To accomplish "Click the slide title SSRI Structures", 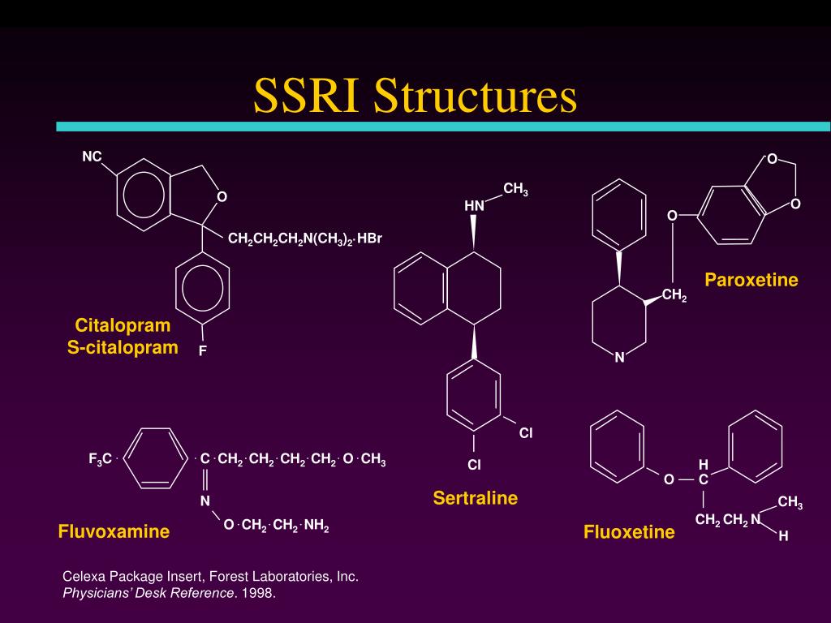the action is (x=415, y=96).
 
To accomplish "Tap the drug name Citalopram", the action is (x=123, y=326).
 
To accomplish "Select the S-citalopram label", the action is (x=123, y=347).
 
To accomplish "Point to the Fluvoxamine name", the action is (x=114, y=531).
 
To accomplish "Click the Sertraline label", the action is (x=476, y=498).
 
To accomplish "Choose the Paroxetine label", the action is (x=751, y=280).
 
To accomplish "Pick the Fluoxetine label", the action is (x=629, y=532).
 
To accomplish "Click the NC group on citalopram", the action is (x=92, y=157).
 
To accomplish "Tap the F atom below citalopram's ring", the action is (x=202, y=350).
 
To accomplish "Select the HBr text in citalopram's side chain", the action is (x=369, y=238).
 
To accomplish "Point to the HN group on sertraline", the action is (x=474, y=205).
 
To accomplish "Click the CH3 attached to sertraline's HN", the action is (x=515, y=189).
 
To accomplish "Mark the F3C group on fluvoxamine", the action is (x=100, y=459).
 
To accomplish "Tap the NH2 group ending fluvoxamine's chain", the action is (x=316, y=526).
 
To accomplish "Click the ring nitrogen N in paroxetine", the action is (x=619, y=358).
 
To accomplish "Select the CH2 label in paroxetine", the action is (x=674, y=295).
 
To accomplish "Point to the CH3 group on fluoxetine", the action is (x=790, y=502).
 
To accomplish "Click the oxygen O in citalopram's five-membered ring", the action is (x=222, y=196).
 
